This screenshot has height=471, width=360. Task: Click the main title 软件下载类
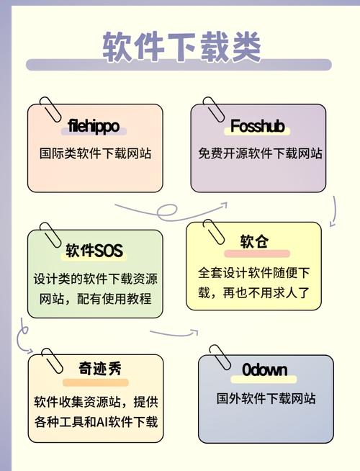tap(181, 47)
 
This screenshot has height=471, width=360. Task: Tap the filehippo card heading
tap(94, 126)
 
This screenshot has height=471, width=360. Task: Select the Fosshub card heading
tap(257, 125)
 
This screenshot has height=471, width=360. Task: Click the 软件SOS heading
tap(94, 251)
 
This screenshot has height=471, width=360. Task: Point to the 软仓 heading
tap(254, 241)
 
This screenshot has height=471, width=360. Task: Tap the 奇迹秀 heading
tap(100, 368)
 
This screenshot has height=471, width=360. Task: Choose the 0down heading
tap(264, 369)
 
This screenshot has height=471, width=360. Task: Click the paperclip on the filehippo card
tap(50, 109)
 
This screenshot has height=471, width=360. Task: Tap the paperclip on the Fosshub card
tap(213, 109)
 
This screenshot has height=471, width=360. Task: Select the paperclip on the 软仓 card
tap(214, 232)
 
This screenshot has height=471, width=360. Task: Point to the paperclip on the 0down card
tap(220, 358)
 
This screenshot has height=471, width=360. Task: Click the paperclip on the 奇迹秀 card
tap(53, 361)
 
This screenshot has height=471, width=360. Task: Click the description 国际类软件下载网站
tap(95, 153)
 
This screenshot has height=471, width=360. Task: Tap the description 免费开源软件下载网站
tap(260, 153)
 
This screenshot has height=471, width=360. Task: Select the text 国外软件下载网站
tap(266, 398)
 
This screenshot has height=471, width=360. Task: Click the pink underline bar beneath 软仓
tap(257, 254)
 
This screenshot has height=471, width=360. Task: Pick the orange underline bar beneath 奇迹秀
tap(96, 382)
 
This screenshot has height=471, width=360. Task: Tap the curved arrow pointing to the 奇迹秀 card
tap(22, 336)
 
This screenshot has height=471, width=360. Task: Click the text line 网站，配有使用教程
tap(96, 299)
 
